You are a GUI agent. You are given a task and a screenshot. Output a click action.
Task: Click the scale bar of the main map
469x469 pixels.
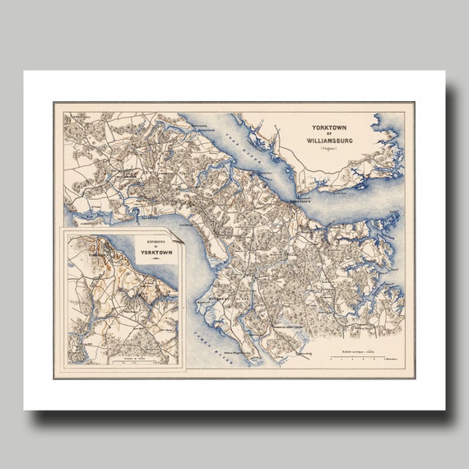(363, 359)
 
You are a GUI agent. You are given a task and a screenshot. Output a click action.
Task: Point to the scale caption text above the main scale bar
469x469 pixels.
(362, 351)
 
